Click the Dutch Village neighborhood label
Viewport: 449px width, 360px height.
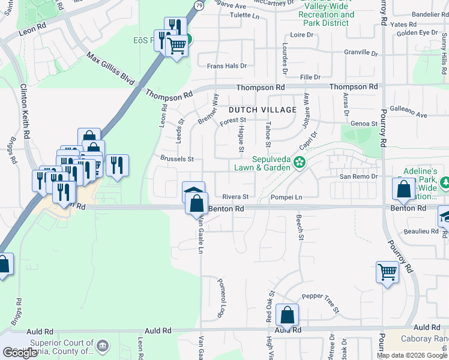262,110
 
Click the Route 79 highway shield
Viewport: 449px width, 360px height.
198,5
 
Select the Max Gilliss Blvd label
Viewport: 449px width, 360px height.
109,67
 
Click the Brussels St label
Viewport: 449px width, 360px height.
177,159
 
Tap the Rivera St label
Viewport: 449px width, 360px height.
235,197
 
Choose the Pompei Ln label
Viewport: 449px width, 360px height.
286,197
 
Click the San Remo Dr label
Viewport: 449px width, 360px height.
358,176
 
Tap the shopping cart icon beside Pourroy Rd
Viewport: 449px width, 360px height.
387,272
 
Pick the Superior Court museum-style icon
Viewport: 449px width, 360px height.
103,346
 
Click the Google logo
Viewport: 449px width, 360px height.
20,353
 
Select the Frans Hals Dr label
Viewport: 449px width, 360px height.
226,66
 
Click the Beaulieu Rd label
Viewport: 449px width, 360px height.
421,231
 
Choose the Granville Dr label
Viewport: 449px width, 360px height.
361,53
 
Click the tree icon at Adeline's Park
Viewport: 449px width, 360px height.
445,182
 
